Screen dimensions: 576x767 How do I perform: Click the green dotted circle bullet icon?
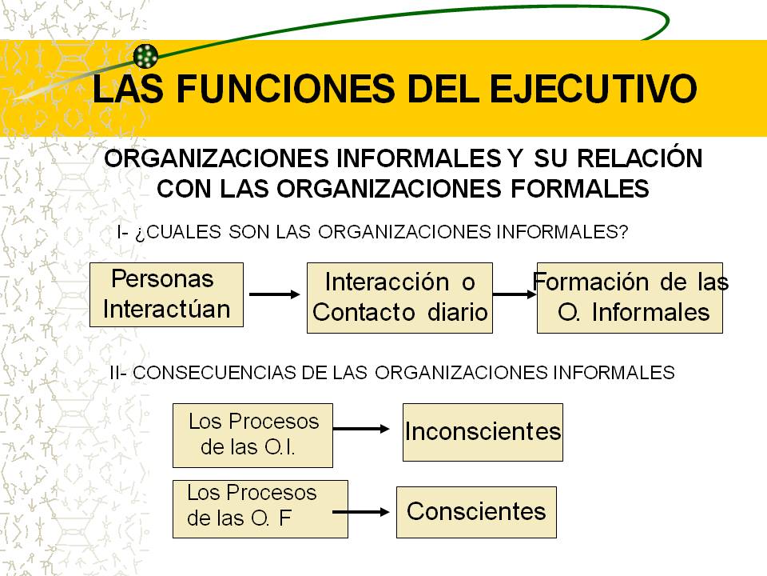pyautogui.click(x=146, y=55)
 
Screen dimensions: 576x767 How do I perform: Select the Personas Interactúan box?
pyautogui.click(x=166, y=294)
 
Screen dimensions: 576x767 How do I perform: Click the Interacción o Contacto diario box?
pyautogui.click(x=399, y=298)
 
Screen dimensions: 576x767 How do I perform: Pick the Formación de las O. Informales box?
pyautogui.click(x=630, y=298)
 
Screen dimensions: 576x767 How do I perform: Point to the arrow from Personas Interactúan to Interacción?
pyautogui.click(x=274, y=294)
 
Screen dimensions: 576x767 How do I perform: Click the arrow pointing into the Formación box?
pyautogui.click(x=515, y=294)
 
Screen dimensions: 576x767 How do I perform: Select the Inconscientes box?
pyautogui.click(x=483, y=432)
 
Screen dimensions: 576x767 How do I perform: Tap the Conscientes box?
pyautogui.click(x=476, y=512)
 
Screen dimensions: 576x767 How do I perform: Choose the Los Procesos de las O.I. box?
pyautogui.click(x=252, y=435)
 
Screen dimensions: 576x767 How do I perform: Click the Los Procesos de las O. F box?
pyautogui.click(x=260, y=509)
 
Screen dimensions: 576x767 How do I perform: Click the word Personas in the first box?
pyautogui.click(x=163, y=279)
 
